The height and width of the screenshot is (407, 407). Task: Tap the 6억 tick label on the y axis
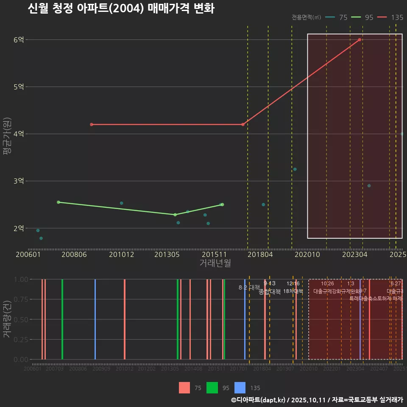click(19, 40)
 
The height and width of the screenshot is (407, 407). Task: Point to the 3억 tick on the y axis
click(19, 181)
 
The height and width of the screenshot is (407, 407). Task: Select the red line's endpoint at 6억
click(360, 40)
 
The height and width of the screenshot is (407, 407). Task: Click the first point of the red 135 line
click(92, 124)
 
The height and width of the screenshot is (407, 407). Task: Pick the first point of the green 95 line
click(59, 202)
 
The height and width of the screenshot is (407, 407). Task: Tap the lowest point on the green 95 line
click(175, 215)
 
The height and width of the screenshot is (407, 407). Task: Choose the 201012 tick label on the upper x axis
click(121, 255)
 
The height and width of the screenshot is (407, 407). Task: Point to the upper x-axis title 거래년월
click(215, 263)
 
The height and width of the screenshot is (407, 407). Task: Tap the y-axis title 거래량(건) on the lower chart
click(7, 319)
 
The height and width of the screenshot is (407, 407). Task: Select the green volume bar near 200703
click(62, 319)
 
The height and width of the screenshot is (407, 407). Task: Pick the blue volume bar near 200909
click(95, 319)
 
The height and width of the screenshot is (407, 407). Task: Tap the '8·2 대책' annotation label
click(249, 287)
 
